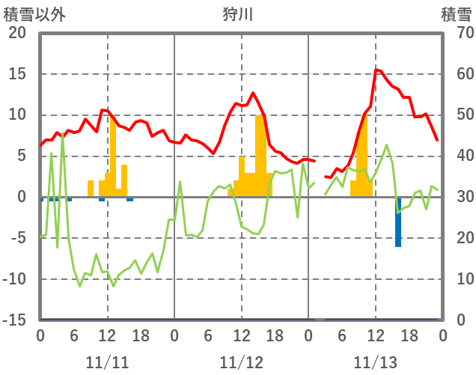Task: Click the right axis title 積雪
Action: (x=455, y=13)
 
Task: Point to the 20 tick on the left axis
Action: (x=17, y=33)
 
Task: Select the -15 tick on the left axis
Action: (x=14, y=320)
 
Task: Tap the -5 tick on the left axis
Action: (x=17, y=238)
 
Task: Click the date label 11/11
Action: (x=107, y=362)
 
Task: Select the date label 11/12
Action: (x=242, y=362)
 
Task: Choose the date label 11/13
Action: (x=376, y=362)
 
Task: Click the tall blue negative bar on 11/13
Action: (x=398, y=222)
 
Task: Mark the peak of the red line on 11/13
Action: (x=376, y=70)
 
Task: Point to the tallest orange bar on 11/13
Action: (x=364, y=156)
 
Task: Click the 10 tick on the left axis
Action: (x=17, y=115)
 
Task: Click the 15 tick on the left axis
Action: (x=17, y=74)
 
